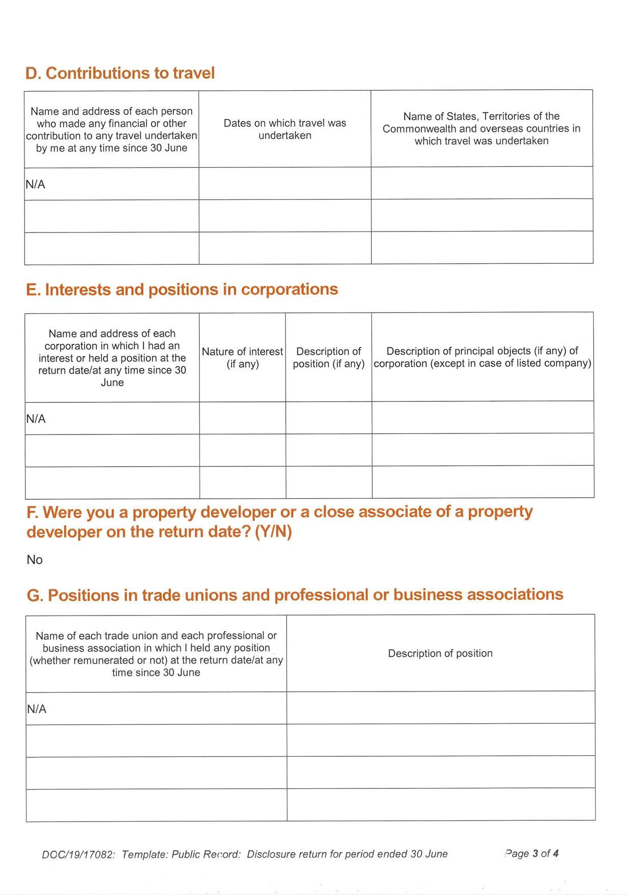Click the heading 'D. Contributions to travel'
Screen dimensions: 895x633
pos(120,73)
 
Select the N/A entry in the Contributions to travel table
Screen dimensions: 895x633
pos(35,184)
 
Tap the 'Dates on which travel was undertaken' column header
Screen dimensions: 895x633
pos(285,129)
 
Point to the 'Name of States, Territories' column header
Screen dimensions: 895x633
pos(481,129)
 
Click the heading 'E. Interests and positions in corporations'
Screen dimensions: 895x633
pos(182,289)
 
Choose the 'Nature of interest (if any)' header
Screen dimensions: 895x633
pos(242,357)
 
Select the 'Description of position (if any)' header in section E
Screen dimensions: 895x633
pos(328,357)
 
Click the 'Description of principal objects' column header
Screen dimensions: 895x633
pos(482,357)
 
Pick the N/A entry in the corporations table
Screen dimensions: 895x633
pos(36,419)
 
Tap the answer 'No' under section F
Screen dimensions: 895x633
pos(35,559)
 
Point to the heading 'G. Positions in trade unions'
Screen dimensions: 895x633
pos(295,595)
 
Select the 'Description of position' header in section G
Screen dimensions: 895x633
pos(440,653)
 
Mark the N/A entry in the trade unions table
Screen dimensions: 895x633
pos(36,709)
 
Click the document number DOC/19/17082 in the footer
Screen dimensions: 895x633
pos(79,854)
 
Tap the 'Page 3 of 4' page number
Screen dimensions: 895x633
pos(531,853)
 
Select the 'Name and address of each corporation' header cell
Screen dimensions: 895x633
pos(112,357)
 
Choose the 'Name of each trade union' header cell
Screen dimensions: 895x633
pos(156,654)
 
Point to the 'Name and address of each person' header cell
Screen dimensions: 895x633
pos(111,130)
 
